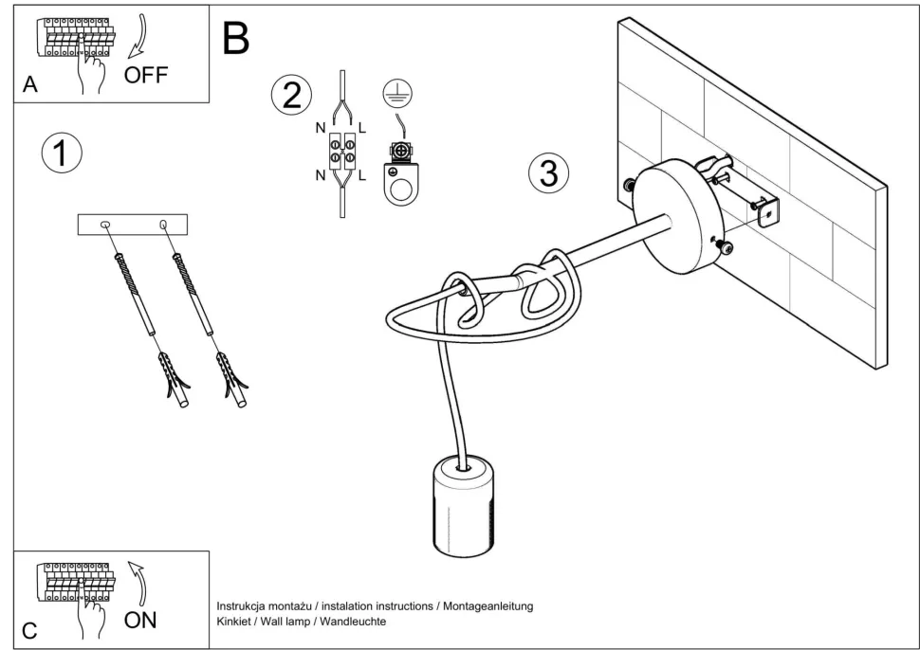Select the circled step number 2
tap(291, 95)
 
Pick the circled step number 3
tap(549, 173)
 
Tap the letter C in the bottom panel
tap(30, 630)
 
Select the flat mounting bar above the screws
tap(134, 225)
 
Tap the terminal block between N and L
tap(342, 152)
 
